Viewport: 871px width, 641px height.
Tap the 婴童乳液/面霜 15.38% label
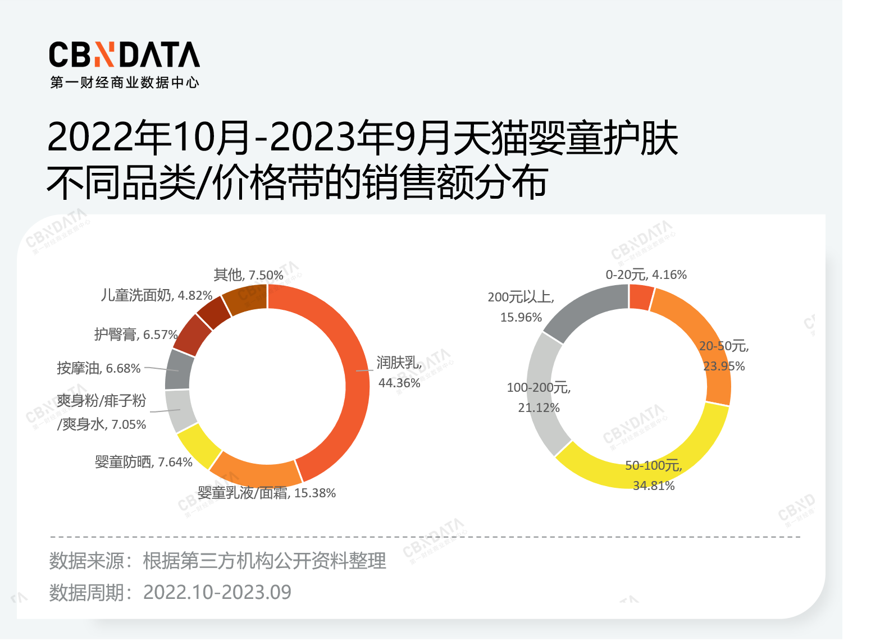pos(267,493)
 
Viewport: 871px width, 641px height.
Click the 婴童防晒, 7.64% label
pos(144,462)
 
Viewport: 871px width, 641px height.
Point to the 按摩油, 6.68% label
pos(99,368)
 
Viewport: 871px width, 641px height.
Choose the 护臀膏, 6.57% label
pos(136,335)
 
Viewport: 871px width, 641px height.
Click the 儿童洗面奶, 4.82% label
pos(157,295)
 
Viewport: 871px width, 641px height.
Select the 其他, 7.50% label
pos(248,275)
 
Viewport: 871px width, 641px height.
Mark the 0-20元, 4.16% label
pos(646,274)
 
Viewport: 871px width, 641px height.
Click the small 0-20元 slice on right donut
pos(641,297)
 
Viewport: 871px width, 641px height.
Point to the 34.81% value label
pos(654,486)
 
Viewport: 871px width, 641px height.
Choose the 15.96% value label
pos(521,317)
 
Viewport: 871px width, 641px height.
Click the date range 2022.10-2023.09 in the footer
pos(217,592)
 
